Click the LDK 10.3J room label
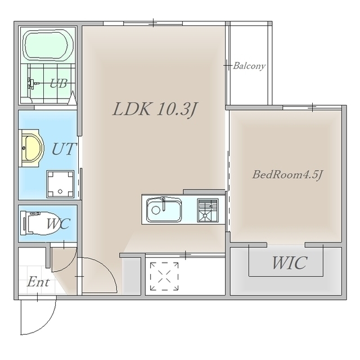[x=155, y=110]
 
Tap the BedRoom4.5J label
[x=287, y=175]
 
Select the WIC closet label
[x=290, y=263]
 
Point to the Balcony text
[x=249, y=66]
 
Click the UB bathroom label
[x=58, y=84]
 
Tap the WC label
[x=58, y=223]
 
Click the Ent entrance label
[x=38, y=282]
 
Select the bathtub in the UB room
[x=49, y=45]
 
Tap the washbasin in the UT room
[x=31, y=148]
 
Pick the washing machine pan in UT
[x=60, y=184]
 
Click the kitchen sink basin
[x=164, y=210]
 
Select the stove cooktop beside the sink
[x=208, y=210]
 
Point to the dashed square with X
[x=164, y=276]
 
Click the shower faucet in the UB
[x=31, y=83]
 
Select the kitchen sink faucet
[x=164, y=204]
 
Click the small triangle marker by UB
[x=73, y=98]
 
